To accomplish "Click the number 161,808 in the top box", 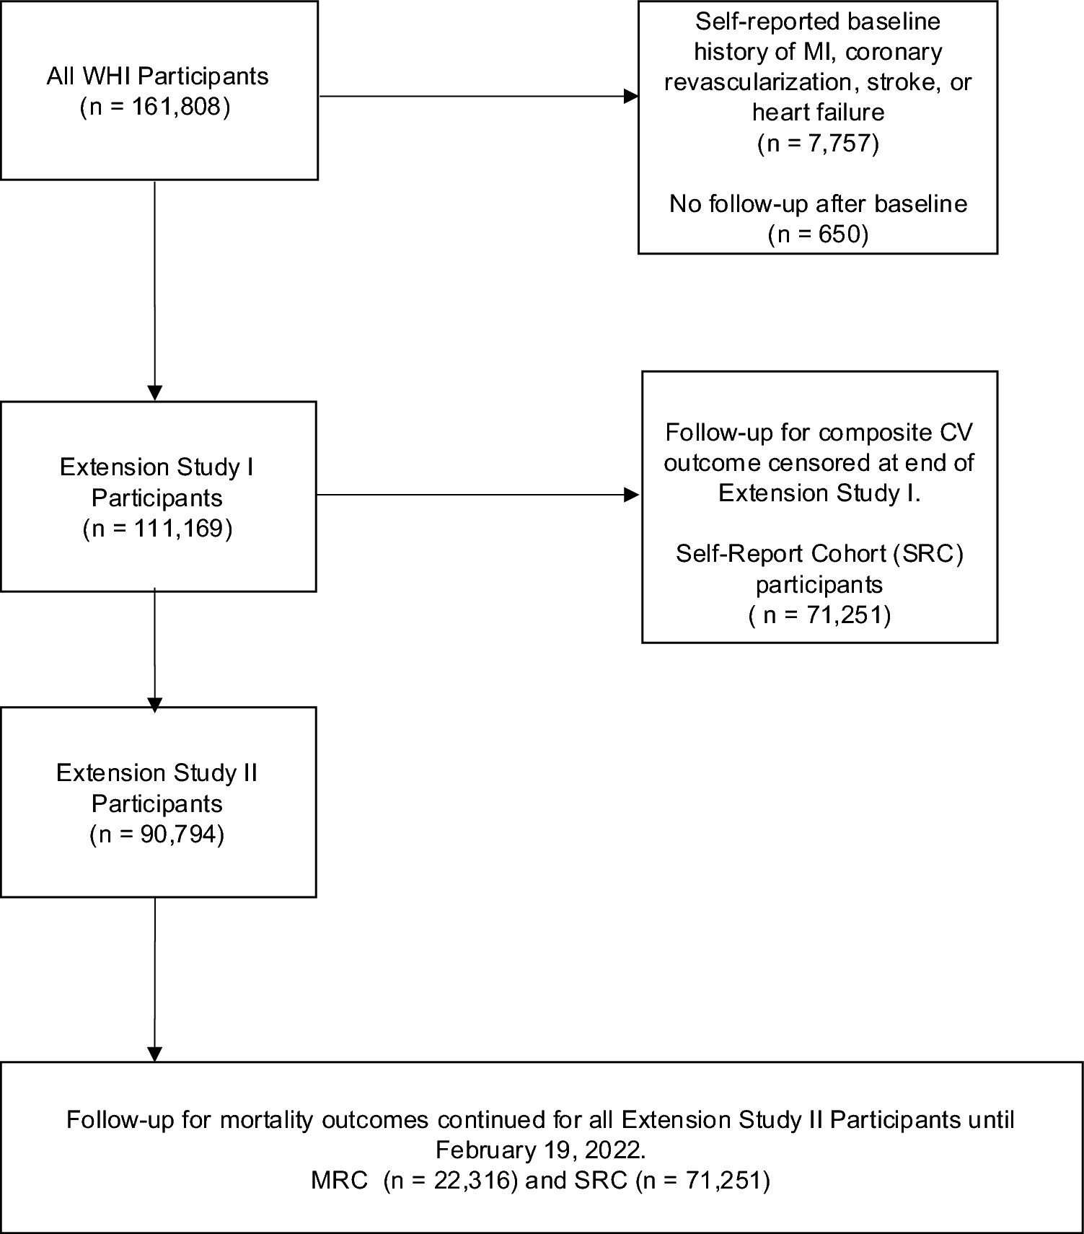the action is pyautogui.click(x=175, y=107).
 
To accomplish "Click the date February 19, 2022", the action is pyautogui.click(x=541, y=1150).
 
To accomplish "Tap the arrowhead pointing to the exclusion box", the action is pyautogui.click(x=631, y=96).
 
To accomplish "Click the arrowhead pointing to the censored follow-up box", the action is pyautogui.click(x=631, y=495).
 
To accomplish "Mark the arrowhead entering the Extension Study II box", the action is pyautogui.click(x=154, y=704).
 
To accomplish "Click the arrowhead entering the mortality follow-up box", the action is pyautogui.click(x=154, y=1054).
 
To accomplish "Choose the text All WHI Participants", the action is pyautogui.click(x=157, y=76).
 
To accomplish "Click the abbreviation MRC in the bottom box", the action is pyautogui.click(x=339, y=1181).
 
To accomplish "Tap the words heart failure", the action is pyautogui.click(x=819, y=113).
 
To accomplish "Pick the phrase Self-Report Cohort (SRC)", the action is pyautogui.click(x=819, y=554).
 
